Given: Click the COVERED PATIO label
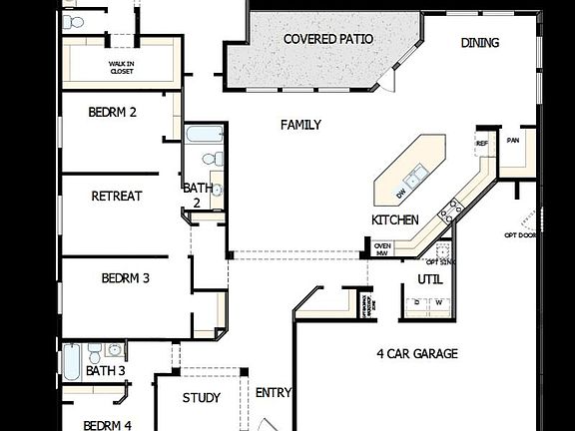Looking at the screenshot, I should click(328, 39).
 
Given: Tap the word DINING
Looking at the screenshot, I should click(480, 43).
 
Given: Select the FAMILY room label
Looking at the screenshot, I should click(300, 125).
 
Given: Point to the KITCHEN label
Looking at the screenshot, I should click(394, 219).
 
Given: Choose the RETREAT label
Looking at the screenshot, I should click(116, 196).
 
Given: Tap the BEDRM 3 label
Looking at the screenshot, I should click(125, 277).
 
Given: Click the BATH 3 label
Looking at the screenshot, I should click(105, 371).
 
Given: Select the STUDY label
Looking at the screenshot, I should click(201, 398).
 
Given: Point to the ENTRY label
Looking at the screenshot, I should click(273, 392).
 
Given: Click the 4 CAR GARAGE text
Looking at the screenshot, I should click(416, 353).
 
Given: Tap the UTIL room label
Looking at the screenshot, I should click(429, 278).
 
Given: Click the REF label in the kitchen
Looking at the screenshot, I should click(482, 144).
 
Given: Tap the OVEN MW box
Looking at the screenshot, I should click(382, 248).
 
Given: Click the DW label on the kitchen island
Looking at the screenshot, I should click(400, 193).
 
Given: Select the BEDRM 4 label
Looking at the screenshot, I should click(108, 425).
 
